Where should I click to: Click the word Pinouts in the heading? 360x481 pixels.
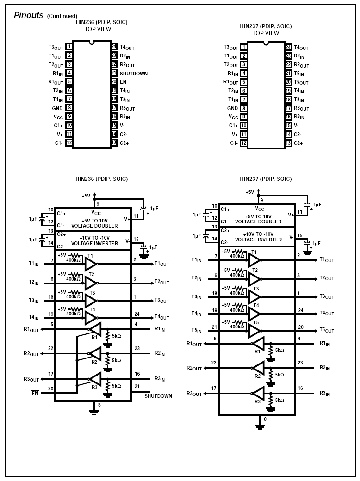pyautogui.click(x=28, y=15)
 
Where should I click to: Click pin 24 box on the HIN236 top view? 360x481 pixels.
pyautogui.click(x=114, y=47)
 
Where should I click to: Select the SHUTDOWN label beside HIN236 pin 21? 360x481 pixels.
pyautogui.click(x=134, y=74)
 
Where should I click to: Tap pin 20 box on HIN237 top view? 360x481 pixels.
pyautogui.click(x=288, y=82)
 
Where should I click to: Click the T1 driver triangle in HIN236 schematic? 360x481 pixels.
pyautogui.click(x=90, y=264)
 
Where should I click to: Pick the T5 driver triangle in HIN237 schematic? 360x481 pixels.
pyautogui.click(x=254, y=331)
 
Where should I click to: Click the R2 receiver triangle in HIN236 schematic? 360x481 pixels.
pyautogui.click(x=95, y=354)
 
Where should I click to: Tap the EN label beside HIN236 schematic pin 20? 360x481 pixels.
pyautogui.click(x=34, y=393)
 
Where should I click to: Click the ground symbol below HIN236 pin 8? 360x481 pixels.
pyautogui.click(x=94, y=411)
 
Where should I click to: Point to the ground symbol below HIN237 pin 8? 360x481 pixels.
pyautogui.click(x=260, y=426)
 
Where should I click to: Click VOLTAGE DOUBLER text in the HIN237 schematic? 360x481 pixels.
pyautogui.click(x=258, y=222)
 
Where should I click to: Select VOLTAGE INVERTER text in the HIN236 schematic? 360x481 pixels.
pyautogui.click(x=94, y=243)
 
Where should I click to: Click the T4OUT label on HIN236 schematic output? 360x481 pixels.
pyautogui.click(x=161, y=317)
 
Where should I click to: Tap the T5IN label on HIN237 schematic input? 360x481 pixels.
pyautogui.click(x=196, y=331)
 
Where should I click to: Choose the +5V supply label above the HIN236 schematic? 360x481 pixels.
pyautogui.click(x=86, y=196)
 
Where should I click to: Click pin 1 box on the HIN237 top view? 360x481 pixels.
pyautogui.click(x=243, y=47)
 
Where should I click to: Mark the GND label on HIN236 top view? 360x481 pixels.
pyautogui.click(x=57, y=108)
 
